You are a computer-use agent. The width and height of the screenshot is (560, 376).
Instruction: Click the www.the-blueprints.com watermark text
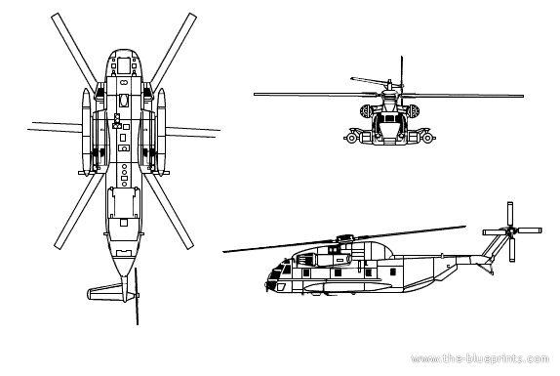[x=480, y=358]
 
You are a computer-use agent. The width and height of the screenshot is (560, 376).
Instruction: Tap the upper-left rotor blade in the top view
[x=73, y=52]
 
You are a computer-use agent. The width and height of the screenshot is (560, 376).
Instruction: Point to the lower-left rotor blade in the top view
[x=79, y=210]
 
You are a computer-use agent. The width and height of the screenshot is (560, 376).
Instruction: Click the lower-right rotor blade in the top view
[x=169, y=211]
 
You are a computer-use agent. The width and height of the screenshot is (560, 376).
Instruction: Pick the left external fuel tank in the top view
[x=86, y=132]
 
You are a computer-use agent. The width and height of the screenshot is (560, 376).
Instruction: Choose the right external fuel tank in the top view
[x=162, y=132]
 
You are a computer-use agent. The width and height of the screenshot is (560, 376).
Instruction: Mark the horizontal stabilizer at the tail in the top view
[x=105, y=292]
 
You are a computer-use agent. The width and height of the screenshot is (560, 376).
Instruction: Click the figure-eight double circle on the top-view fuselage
[x=124, y=83]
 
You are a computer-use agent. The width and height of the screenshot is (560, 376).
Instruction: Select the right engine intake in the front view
[x=414, y=111]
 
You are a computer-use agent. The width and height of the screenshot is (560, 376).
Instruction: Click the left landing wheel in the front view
[x=351, y=138]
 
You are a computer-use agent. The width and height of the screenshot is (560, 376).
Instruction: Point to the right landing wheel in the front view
[x=427, y=138]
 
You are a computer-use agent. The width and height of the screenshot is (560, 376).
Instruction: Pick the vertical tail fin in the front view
[x=402, y=71]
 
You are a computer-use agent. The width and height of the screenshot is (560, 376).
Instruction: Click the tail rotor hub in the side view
[x=511, y=231]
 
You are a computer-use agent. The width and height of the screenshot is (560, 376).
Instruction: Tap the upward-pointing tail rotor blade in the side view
[x=510, y=214]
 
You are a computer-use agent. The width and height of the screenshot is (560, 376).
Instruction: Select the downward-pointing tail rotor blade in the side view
[x=512, y=250]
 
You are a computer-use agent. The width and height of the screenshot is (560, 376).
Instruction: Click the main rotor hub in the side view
[x=344, y=237]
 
